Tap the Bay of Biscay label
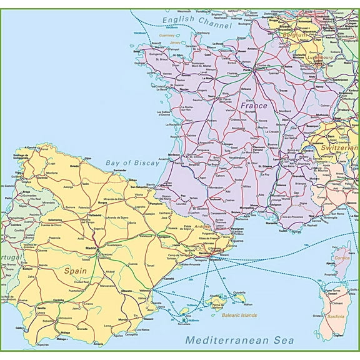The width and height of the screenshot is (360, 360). pyautogui.click(x=132, y=162)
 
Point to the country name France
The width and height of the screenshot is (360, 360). pyautogui.click(x=254, y=106)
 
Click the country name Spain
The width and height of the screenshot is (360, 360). pyautogui.click(x=76, y=271)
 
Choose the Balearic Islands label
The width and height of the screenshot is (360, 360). pyautogui.click(x=239, y=316)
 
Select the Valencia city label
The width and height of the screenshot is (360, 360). pyautogui.click(x=145, y=290)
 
